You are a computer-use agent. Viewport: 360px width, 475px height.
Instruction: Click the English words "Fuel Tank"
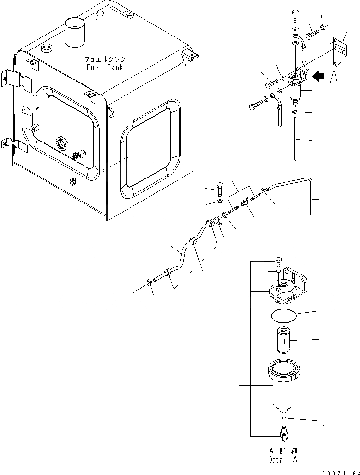point(105,67)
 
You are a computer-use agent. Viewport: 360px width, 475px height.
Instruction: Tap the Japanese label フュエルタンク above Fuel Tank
point(105,59)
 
